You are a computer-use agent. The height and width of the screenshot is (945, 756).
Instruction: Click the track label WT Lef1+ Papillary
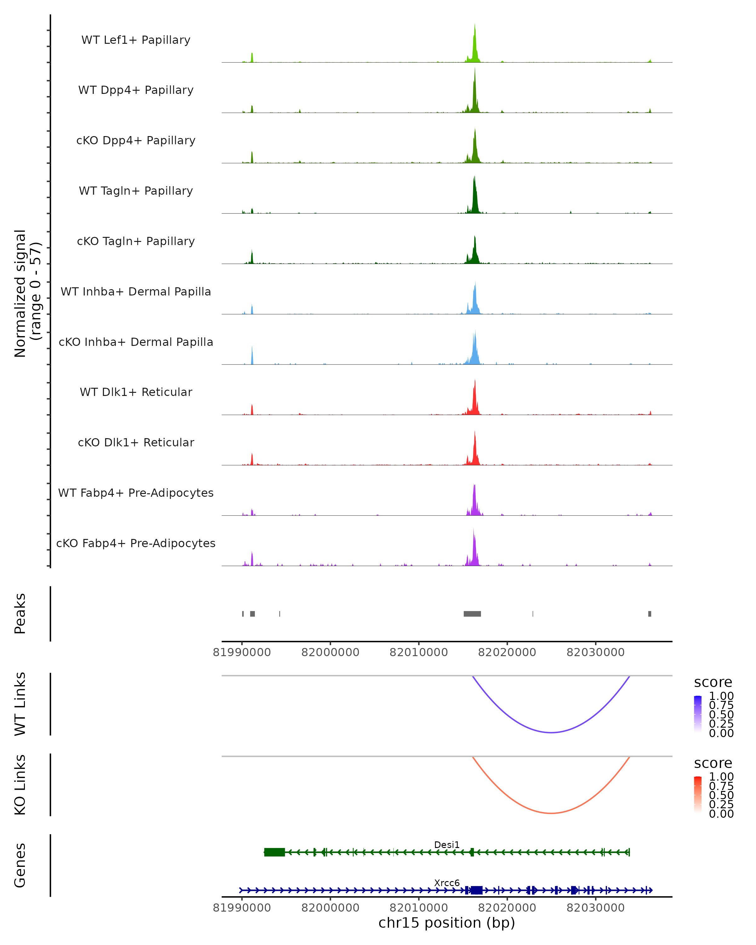click(x=136, y=40)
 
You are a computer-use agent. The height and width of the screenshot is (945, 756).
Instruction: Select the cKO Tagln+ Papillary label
click(x=136, y=241)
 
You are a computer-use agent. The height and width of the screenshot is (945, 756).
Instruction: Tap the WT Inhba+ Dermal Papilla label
click(x=136, y=291)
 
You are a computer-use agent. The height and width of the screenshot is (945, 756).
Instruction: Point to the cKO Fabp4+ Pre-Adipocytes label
click(x=136, y=543)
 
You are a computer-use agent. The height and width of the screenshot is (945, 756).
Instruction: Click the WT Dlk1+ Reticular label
click(x=136, y=392)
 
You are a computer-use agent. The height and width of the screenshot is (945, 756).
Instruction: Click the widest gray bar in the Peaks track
click(x=472, y=614)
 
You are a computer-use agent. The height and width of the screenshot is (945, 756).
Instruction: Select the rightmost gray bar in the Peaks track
click(x=650, y=614)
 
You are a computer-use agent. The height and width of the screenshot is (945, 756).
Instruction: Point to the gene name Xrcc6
click(x=447, y=883)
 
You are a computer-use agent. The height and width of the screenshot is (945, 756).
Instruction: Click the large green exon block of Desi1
click(x=274, y=852)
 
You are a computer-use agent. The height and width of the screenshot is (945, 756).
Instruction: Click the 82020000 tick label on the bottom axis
click(x=507, y=908)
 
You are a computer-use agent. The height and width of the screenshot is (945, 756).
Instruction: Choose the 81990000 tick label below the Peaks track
click(x=242, y=652)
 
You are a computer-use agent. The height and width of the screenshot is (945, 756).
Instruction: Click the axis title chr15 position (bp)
click(x=447, y=923)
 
